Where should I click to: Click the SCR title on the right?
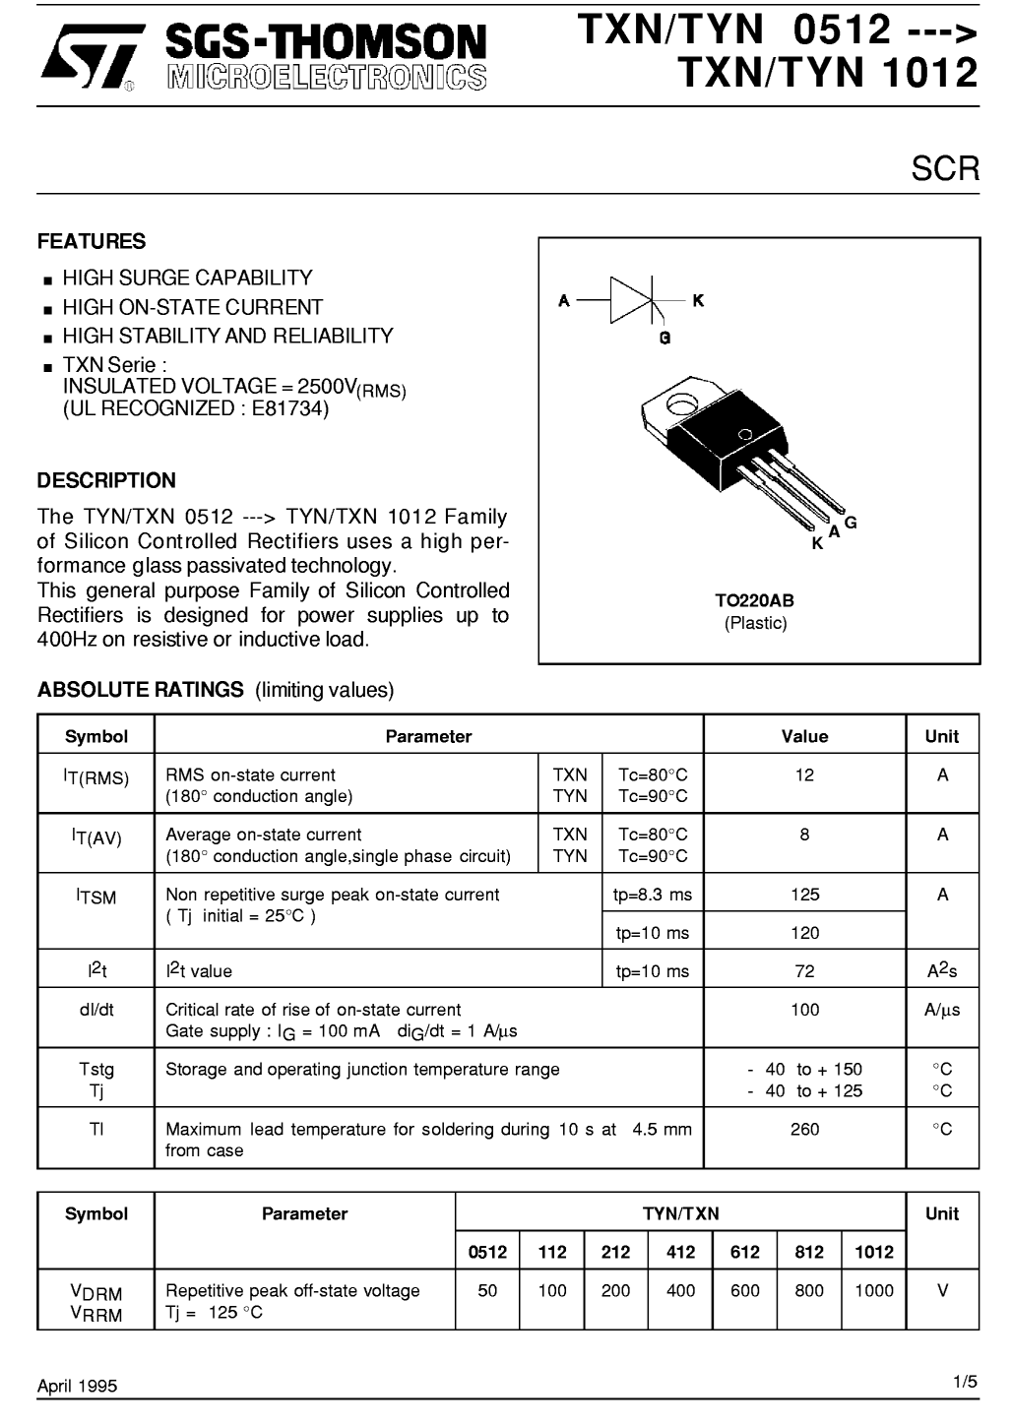click(944, 169)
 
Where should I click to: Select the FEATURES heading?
click(92, 242)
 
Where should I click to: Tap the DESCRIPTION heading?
click(106, 481)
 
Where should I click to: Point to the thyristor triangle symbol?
click(631, 299)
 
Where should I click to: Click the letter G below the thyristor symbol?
click(665, 339)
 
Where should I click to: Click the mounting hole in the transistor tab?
click(678, 403)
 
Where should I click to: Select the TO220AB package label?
click(755, 601)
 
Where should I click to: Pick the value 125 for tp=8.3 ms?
click(804, 895)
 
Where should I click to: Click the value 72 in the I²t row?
click(804, 971)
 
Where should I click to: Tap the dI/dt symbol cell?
click(96, 1010)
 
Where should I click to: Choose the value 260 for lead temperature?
click(804, 1130)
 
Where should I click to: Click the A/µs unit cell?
click(942, 1010)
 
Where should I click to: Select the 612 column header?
click(745, 1252)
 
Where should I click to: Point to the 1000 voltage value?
click(873, 1291)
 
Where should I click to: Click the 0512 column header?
click(487, 1252)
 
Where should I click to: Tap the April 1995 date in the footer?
click(77, 1386)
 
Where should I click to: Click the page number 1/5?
click(965, 1383)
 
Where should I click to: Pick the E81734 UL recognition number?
click(289, 408)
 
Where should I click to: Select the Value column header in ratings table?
click(804, 736)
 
